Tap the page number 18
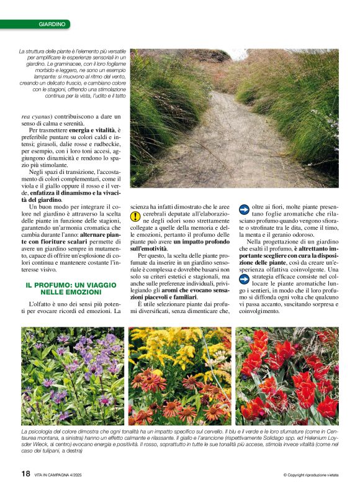pos(26,474)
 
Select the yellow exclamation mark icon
pos(135,216)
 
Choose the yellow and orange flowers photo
pos(179,376)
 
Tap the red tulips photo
pos(287,376)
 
